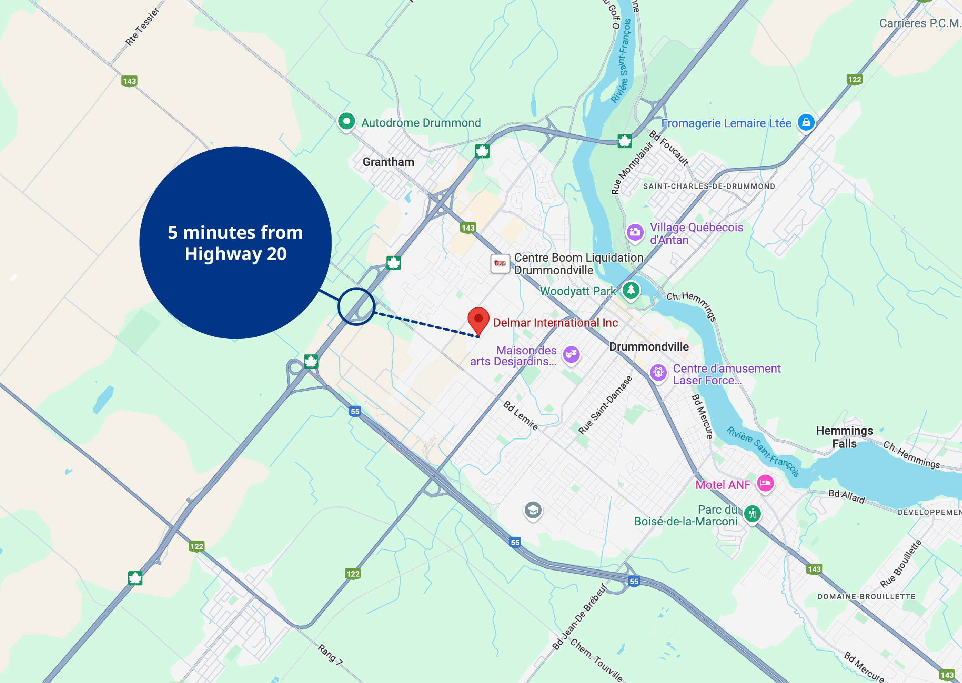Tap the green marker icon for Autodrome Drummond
(346, 122)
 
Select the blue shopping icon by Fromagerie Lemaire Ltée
(806, 123)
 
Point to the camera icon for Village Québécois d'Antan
(635, 232)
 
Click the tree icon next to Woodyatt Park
(630, 290)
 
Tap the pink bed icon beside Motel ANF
(765, 483)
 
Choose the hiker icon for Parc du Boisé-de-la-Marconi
(752, 514)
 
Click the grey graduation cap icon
(533, 510)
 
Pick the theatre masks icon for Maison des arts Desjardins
(571, 354)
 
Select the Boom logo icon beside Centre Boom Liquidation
(500, 264)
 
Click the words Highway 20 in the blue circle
(236, 254)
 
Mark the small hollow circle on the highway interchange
(356, 306)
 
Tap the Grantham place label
(388, 162)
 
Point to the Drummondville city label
(649, 347)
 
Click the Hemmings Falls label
(844, 437)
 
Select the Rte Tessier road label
(142, 27)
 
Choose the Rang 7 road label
(330, 655)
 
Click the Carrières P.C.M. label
(920, 23)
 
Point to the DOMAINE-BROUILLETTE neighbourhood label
(866, 597)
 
